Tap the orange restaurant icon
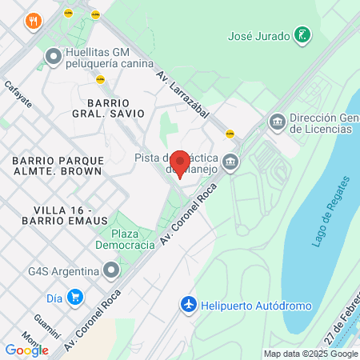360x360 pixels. pyautogui.click(x=33, y=21)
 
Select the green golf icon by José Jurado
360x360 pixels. pyautogui.click(x=302, y=35)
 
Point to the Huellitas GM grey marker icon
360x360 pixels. pyautogui.click(x=54, y=56)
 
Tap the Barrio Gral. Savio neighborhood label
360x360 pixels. pyautogui.click(x=117, y=108)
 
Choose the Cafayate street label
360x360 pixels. pyautogui.click(x=18, y=94)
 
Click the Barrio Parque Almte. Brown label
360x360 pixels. pyautogui.click(x=57, y=166)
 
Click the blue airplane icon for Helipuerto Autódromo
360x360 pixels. pyautogui.click(x=189, y=305)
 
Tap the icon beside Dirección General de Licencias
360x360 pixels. pyautogui.click(x=277, y=122)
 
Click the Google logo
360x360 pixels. pyautogui.click(x=26, y=350)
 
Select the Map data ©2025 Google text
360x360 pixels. pyautogui.click(x=310, y=354)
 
